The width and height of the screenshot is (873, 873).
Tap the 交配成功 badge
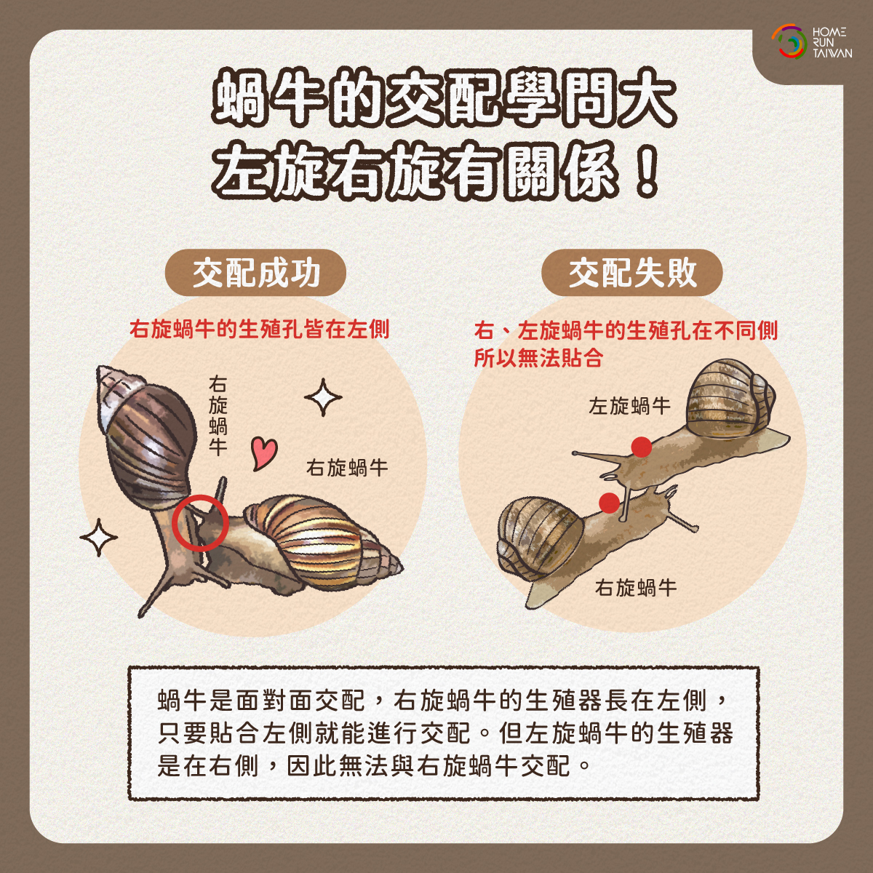pos(255,273)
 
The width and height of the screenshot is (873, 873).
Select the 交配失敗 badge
pos(632,273)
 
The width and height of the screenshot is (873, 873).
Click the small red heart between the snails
pos(263,453)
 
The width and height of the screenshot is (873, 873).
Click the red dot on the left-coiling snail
pos(642,447)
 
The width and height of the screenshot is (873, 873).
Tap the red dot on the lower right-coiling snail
pos(609,503)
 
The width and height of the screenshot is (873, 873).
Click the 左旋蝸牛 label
pos(629,406)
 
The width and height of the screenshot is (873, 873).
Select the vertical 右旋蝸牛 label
pos(218,415)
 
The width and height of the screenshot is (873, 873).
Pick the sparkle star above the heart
pos(323,397)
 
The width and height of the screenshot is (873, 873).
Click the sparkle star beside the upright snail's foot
pos(98,538)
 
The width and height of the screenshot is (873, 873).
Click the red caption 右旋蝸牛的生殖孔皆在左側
pos(259,329)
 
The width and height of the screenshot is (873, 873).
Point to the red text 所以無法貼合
pos(538,358)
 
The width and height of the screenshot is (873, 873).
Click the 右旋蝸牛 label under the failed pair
pos(636,588)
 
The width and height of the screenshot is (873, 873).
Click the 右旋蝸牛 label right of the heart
pos(347,468)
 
